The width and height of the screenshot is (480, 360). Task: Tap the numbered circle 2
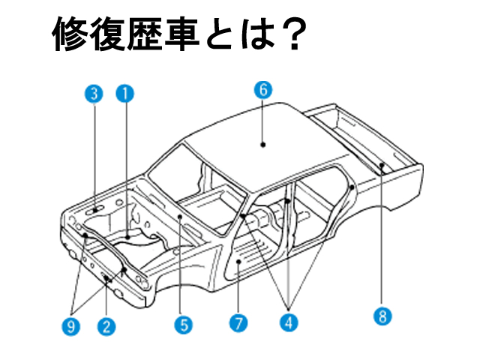[106, 325]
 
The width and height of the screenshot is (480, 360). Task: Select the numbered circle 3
[93, 93]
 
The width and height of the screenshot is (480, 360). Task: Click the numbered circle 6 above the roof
[262, 88]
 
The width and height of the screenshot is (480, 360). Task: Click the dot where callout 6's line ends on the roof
[263, 142]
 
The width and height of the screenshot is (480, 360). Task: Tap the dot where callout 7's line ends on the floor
[238, 262]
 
